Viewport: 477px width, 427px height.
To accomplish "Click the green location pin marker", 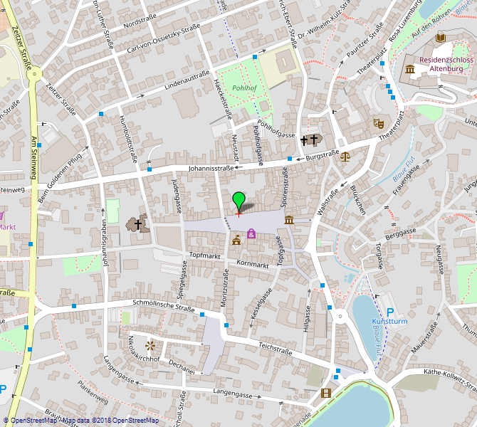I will pyautogui.click(x=238, y=200).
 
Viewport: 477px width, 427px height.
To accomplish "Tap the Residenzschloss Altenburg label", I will pyautogui.click(x=446, y=65).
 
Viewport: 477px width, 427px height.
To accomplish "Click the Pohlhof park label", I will pyautogui.click(x=244, y=88).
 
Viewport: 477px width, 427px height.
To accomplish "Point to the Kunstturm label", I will pyautogui.click(x=389, y=322).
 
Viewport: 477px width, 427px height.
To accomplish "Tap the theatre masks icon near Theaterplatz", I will pyautogui.click(x=379, y=123).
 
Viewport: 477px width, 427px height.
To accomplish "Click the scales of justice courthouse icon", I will pyautogui.click(x=345, y=155).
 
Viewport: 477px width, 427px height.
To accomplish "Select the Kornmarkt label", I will pyautogui.click(x=253, y=265).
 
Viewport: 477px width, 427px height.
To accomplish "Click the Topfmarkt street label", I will pyautogui.click(x=206, y=254).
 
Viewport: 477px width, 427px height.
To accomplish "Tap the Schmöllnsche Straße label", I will pyautogui.click(x=164, y=306).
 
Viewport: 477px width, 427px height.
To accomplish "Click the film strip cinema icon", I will pyautogui.click(x=326, y=393).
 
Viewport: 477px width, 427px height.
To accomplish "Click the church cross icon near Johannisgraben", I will pyautogui.click(x=137, y=225).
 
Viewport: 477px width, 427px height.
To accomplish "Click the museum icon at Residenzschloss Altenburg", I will pyautogui.click(x=410, y=69).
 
